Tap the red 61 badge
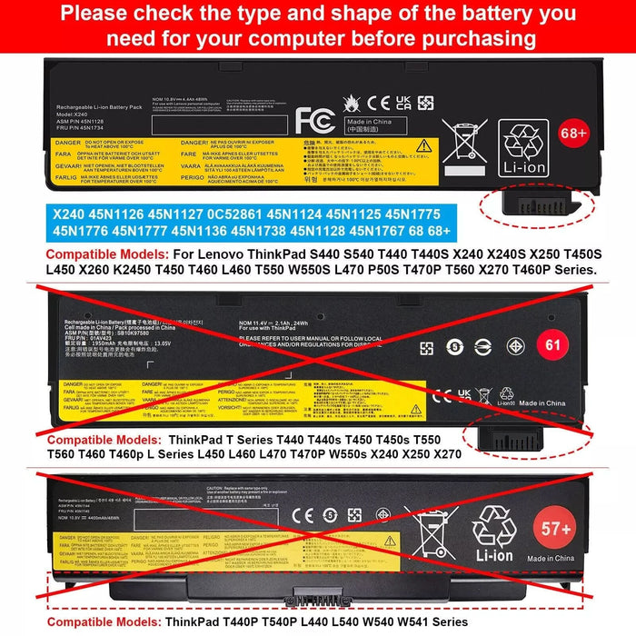click(575, 344)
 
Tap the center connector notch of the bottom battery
click(319, 599)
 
